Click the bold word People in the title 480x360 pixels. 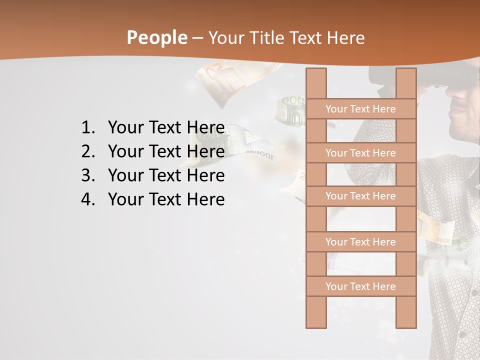coord(156,37)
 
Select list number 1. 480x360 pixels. coord(87,128)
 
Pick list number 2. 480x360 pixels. coord(87,151)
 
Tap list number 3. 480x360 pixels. coord(87,175)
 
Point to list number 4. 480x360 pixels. coord(87,199)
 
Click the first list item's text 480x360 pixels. coord(166,128)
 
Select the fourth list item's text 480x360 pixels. coord(166,199)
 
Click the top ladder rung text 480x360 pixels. coord(360,109)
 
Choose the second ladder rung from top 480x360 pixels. coord(360,153)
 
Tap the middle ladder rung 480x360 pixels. coord(360,196)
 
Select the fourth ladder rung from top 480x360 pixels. coord(360,242)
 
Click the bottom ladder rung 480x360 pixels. coord(360,286)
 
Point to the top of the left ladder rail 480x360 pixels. coord(316,73)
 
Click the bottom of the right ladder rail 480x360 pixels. coord(406,322)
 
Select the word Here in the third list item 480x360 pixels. coord(205,175)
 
